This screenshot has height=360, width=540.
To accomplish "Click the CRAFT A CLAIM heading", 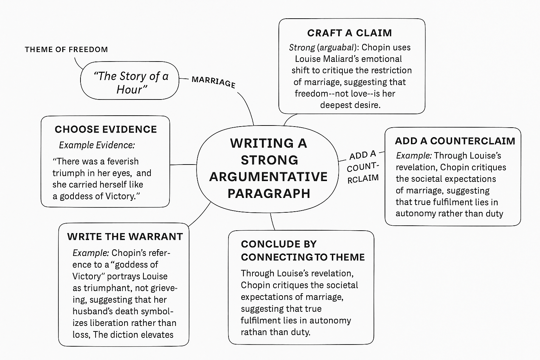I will point(349,33).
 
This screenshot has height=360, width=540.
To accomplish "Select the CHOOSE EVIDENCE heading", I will point(105,129).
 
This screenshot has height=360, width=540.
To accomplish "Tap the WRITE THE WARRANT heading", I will point(125,237).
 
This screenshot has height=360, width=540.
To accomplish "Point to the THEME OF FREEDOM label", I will point(66,50).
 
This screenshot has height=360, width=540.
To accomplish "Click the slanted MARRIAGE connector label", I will point(213,82).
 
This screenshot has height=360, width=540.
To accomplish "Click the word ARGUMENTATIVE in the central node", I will point(268,176).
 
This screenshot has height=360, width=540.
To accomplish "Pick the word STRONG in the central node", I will point(269,160).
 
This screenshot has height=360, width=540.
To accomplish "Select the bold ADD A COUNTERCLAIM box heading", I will point(455,141).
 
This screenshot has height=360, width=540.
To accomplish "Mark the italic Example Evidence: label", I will point(97,145).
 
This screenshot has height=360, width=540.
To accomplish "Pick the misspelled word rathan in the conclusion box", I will point(253,332).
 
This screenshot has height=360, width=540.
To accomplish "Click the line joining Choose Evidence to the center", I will point(183,165).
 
